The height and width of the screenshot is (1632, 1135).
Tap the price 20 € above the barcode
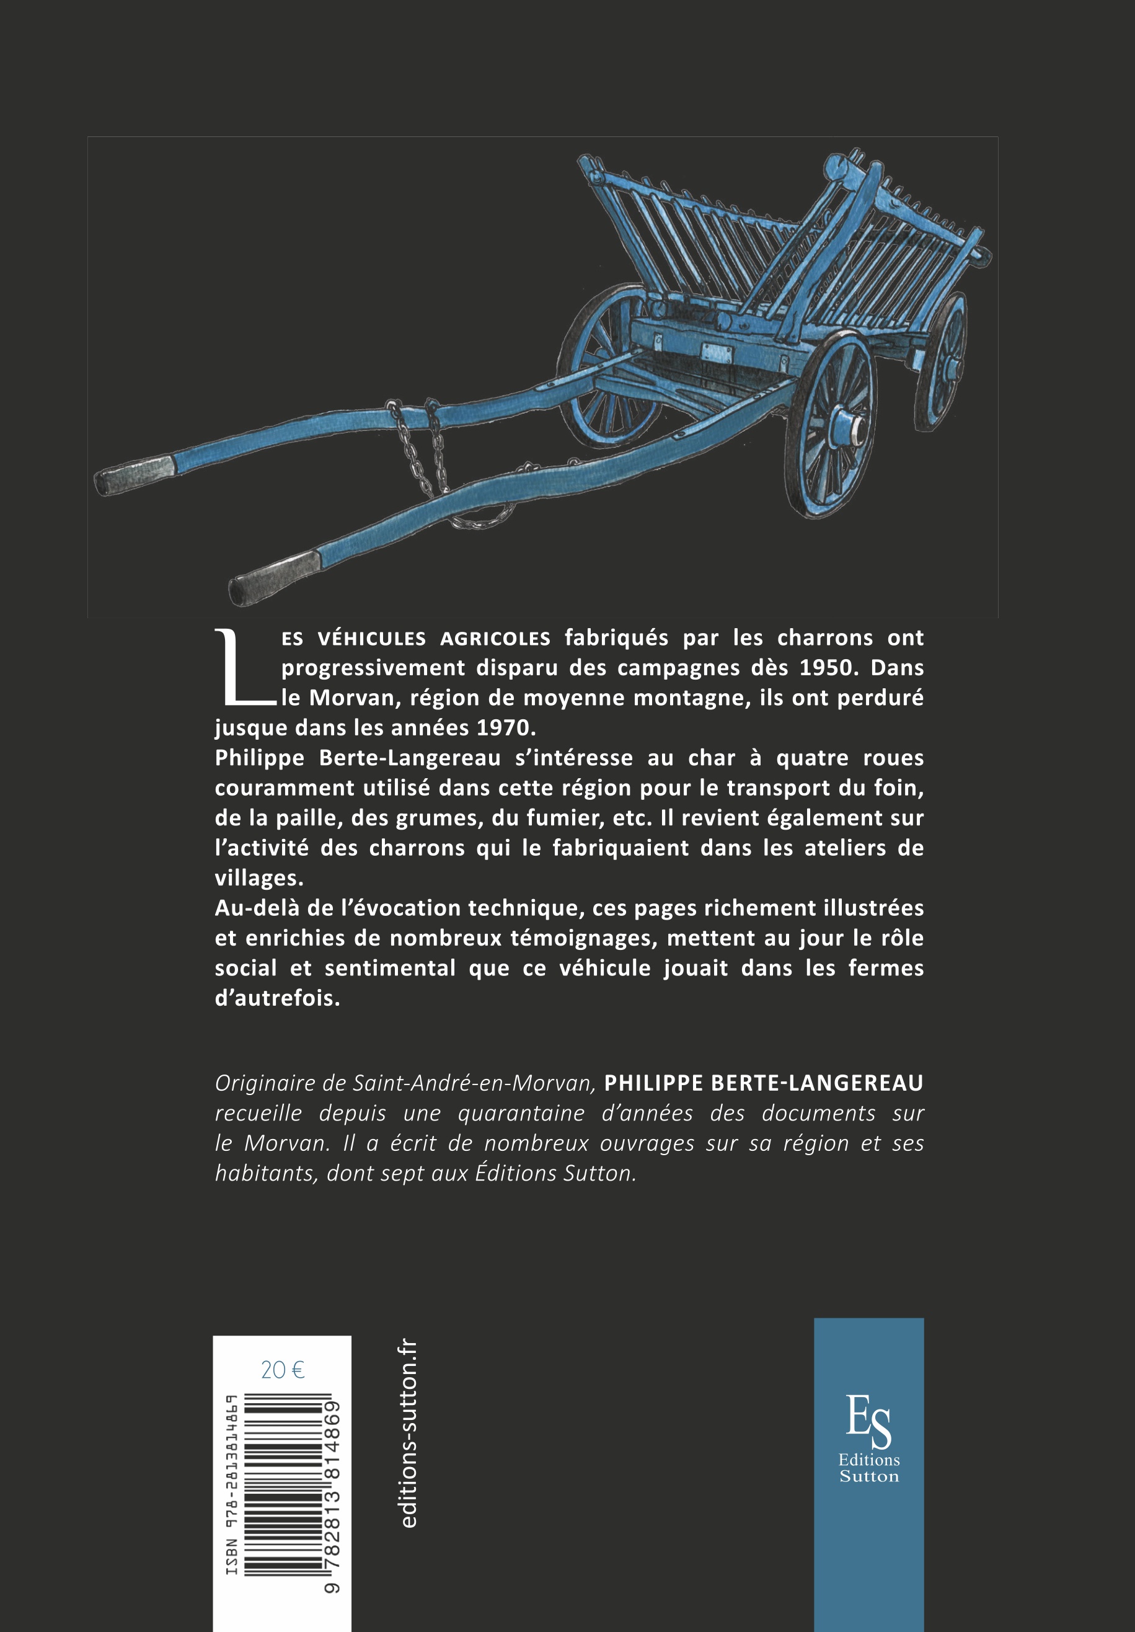[282, 1369]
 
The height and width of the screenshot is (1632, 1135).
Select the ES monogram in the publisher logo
[868, 1421]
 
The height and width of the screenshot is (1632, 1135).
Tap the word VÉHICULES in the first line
[371, 638]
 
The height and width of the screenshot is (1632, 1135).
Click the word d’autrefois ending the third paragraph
[277, 998]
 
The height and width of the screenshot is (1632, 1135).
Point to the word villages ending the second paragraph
[258, 878]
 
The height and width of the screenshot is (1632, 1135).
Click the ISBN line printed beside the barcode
[232, 1486]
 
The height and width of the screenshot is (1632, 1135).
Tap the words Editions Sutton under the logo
[868, 1468]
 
